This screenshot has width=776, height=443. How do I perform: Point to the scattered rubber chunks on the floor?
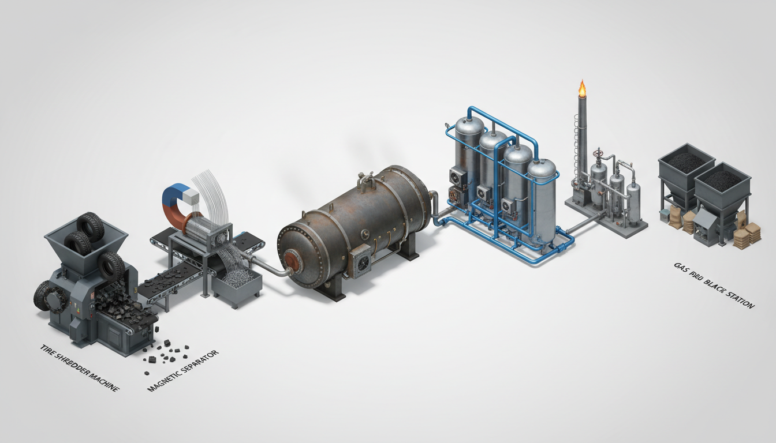pyautogui.click(x=167, y=352)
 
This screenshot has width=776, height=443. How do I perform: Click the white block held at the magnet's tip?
pyautogui.click(x=194, y=198)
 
